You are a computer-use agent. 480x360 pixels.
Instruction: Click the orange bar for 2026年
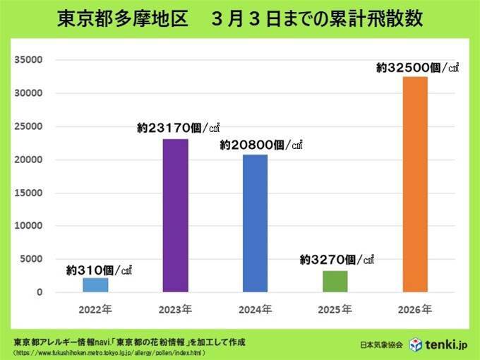pyautogui.click(x=414, y=184)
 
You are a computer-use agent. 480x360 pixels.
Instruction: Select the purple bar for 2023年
pyautogui.click(x=175, y=215)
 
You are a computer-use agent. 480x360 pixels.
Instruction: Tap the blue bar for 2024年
pyautogui.click(x=255, y=223)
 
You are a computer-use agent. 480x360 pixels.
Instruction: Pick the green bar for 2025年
pyautogui.click(x=335, y=281)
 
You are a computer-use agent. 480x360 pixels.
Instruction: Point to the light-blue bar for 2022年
pyautogui.click(x=95, y=284)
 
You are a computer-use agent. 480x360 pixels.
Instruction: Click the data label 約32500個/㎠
pyautogui.click(x=417, y=68)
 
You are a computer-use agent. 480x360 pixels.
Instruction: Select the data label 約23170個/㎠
pyautogui.click(x=179, y=128)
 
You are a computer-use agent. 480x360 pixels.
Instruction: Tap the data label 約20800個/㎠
pyautogui.click(x=260, y=145)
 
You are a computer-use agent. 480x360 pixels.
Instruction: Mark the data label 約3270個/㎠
pyautogui.click(x=336, y=260)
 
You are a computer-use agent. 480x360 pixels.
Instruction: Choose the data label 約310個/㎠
pyautogui.click(x=99, y=269)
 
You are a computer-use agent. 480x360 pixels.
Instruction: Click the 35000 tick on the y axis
pyautogui.click(x=30, y=60)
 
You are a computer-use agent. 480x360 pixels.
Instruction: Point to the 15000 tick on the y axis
pyautogui.click(x=30, y=193)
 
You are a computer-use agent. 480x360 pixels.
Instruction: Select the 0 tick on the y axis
pyautogui.click(x=40, y=292)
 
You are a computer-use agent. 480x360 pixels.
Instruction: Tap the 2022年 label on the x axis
pyautogui.click(x=95, y=309)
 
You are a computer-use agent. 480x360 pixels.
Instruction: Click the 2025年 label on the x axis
pyautogui.click(x=335, y=309)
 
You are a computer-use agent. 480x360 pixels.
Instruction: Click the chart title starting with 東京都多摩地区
pyautogui.click(x=240, y=19)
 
